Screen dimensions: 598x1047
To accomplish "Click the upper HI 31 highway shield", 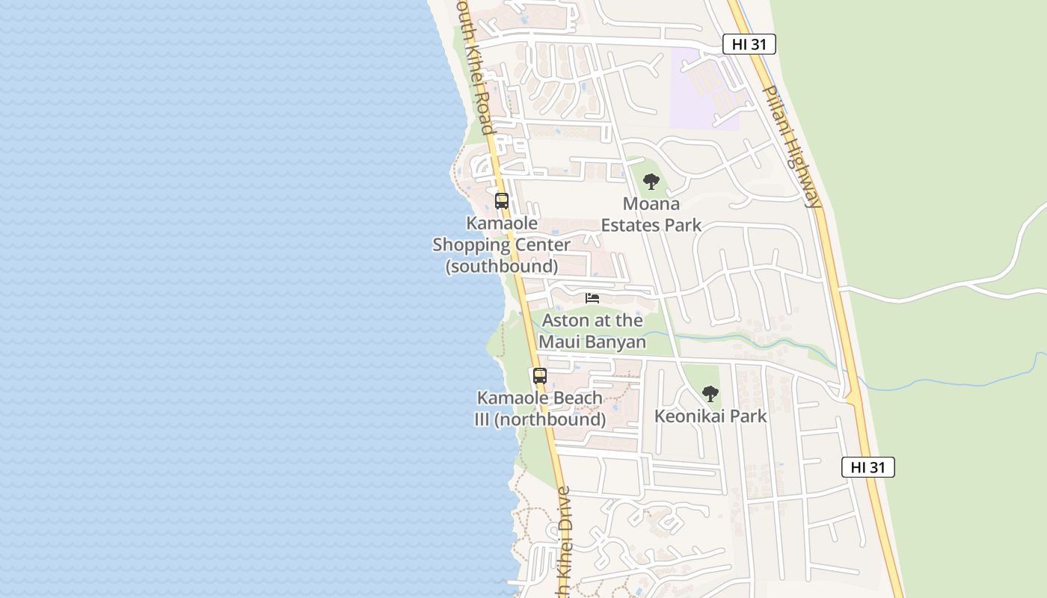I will click(x=749, y=44).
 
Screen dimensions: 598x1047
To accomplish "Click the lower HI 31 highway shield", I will click(x=868, y=467).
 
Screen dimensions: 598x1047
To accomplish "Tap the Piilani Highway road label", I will click(x=792, y=146).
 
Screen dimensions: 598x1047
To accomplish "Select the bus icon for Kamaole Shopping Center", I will click(x=502, y=200).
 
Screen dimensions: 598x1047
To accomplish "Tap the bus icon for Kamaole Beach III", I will click(x=540, y=376).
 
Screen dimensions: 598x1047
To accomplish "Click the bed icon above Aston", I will click(x=592, y=298).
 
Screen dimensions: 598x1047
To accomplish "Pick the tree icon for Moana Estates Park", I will click(x=651, y=181).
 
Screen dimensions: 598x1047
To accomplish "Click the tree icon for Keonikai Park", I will click(x=710, y=393).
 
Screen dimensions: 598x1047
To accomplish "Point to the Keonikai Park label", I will click(x=710, y=416).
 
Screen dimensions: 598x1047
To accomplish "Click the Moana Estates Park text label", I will click(x=651, y=214).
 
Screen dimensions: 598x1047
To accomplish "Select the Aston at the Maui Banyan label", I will click(x=592, y=331).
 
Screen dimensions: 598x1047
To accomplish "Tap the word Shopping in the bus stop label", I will click(x=501, y=244).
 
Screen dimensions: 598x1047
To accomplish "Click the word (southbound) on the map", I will click(x=502, y=265).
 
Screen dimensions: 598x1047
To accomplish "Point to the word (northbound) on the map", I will click(x=550, y=419).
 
